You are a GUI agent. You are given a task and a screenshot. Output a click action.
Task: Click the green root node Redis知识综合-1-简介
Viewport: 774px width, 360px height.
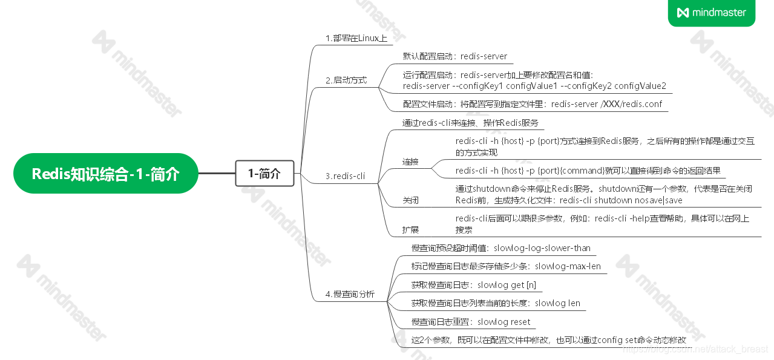[x=106, y=174]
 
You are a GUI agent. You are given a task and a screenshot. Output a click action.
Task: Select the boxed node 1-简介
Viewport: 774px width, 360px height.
[x=264, y=174]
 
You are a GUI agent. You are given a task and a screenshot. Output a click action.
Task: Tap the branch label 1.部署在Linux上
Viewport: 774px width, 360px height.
[x=356, y=39]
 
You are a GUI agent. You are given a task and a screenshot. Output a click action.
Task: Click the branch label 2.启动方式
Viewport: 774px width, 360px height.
[x=346, y=80]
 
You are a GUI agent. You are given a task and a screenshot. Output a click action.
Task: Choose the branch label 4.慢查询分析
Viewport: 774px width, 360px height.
[x=350, y=294]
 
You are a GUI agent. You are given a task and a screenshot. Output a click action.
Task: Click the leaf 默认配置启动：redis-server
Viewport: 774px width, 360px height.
[x=455, y=56]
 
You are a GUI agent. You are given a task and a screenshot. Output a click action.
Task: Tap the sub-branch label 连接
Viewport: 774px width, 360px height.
[x=410, y=162]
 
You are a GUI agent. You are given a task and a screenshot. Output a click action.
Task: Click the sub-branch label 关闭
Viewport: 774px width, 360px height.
[x=410, y=200]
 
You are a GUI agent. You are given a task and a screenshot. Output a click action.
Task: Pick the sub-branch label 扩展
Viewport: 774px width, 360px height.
[x=410, y=229]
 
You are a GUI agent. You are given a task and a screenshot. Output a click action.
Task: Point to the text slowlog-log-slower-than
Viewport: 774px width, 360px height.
[x=542, y=248]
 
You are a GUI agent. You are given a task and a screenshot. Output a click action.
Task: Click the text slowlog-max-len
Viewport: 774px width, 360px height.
[x=568, y=266]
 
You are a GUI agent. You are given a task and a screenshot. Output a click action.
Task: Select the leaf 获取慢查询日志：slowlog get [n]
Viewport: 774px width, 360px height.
[x=473, y=285]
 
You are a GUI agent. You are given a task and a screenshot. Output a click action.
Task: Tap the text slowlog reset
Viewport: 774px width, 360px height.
[x=503, y=322]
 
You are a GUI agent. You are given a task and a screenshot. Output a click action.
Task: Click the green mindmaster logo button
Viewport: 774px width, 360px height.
[x=712, y=13]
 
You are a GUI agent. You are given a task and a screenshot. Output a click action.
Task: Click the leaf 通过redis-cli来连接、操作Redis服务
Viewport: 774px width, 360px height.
[x=470, y=123]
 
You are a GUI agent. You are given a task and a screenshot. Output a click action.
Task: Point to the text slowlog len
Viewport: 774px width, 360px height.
[x=557, y=303]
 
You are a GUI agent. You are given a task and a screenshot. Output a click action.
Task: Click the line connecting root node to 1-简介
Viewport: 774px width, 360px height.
[x=217, y=174]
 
